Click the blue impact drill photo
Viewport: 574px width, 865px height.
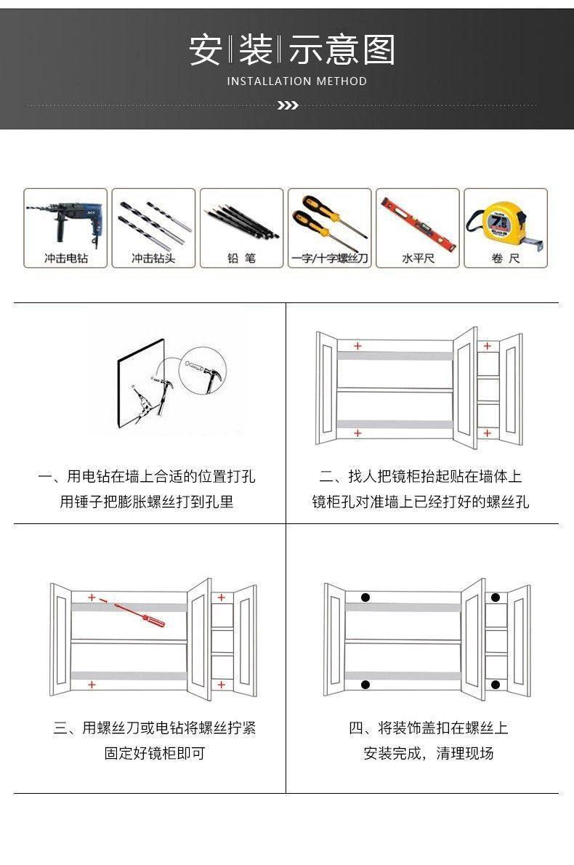(x=65, y=220)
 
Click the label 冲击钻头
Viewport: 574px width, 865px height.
(x=153, y=258)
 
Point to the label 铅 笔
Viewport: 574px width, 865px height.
(x=241, y=258)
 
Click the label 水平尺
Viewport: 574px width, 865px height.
(x=418, y=258)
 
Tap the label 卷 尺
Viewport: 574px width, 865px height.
(x=506, y=258)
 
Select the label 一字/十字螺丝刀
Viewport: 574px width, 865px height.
(x=329, y=258)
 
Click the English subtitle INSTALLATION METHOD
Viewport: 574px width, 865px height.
(x=297, y=81)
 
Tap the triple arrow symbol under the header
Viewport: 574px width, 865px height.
(x=288, y=105)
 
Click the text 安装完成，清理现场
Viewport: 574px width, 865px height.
(x=429, y=753)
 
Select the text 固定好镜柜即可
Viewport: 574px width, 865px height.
(x=155, y=753)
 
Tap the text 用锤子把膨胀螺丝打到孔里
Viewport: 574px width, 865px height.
(x=147, y=502)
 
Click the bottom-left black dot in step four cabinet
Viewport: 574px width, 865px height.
(x=365, y=684)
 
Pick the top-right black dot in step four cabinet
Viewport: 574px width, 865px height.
(x=495, y=598)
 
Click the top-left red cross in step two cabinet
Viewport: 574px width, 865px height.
(x=357, y=345)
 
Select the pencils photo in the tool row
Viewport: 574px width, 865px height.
(x=241, y=220)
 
